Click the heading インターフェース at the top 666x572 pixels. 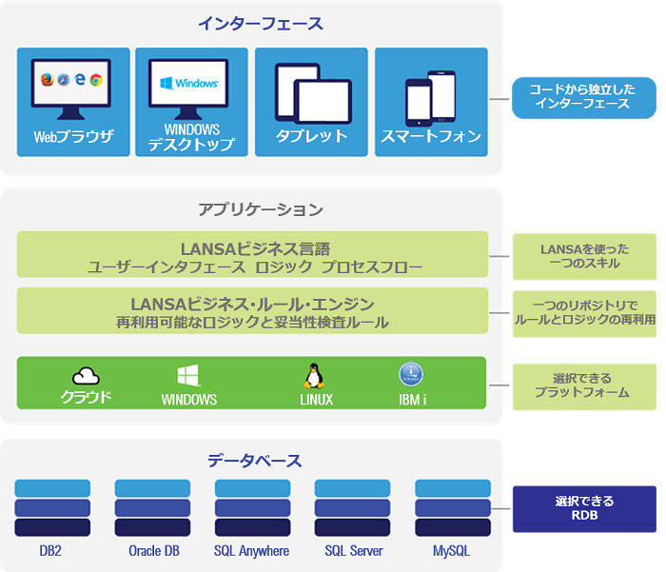(x=259, y=24)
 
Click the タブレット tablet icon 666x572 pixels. (x=310, y=92)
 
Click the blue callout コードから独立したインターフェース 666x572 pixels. (x=583, y=96)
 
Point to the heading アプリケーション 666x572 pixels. (x=260, y=208)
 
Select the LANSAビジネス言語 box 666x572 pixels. (x=252, y=256)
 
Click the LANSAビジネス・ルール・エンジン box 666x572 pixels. (x=252, y=312)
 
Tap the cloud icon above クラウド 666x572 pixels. (x=87, y=376)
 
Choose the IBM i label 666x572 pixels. (x=412, y=400)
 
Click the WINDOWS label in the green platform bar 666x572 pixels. (x=189, y=400)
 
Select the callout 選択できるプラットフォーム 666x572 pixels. (x=584, y=385)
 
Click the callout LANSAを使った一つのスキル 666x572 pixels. (x=584, y=256)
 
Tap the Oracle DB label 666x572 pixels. (x=152, y=551)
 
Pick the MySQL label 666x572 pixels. (x=451, y=551)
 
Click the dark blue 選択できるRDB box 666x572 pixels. (x=584, y=508)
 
